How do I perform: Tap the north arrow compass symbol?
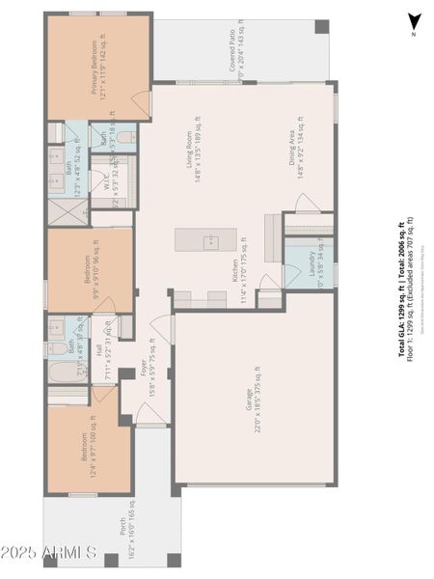point(414,22)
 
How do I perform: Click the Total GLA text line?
point(402,289)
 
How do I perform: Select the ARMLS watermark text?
point(49,553)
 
